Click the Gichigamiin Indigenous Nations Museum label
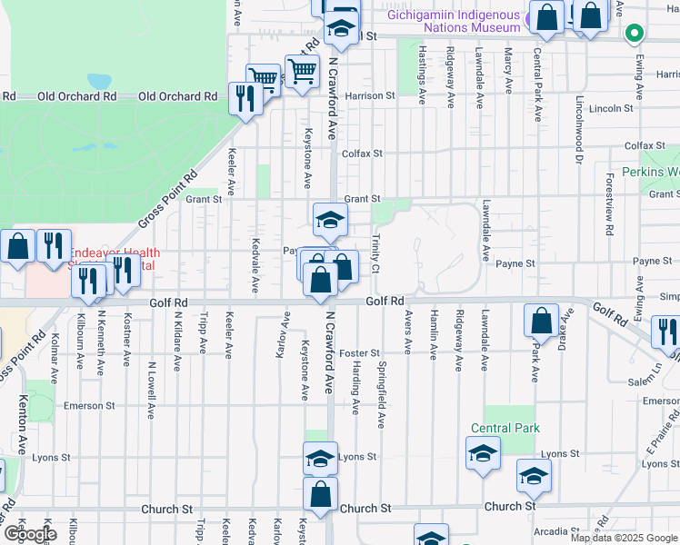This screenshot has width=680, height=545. pos(453,15)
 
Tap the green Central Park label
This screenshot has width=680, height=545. pos(505,428)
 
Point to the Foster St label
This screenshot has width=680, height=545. pos(357,352)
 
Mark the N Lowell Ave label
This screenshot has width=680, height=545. pos(151,390)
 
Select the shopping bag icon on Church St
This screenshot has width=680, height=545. pos(320,495)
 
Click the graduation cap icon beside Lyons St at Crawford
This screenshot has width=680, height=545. pos(320,459)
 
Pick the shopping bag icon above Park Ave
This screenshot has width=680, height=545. pos(542,321)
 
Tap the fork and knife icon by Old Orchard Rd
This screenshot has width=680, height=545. pos(244,97)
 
